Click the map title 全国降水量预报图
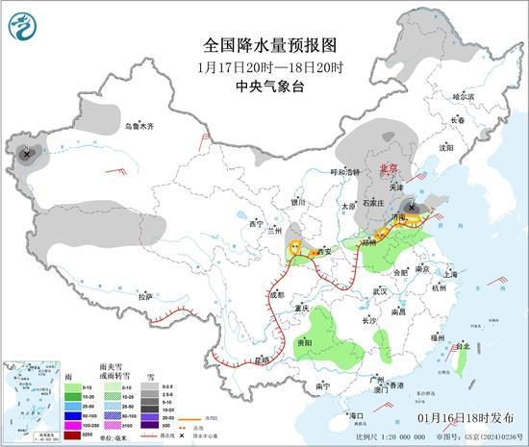[x=264, y=45]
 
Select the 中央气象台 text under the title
[x=264, y=86]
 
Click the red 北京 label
[x=389, y=167]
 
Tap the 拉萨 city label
[x=144, y=297]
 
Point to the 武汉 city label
[x=381, y=290]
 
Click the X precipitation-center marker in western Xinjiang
[x=27, y=152]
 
